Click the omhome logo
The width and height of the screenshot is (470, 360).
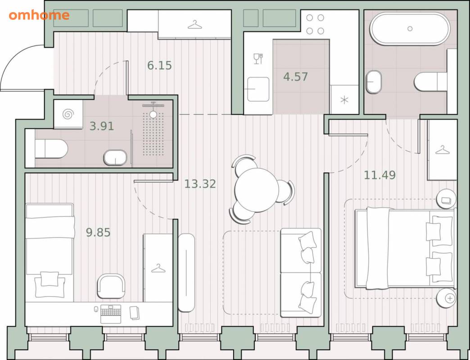[x=39, y=15]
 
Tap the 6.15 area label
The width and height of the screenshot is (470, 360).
[x=159, y=65]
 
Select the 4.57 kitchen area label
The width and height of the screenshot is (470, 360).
[x=295, y=76]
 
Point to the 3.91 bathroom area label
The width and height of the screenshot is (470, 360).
[x=102, y=126]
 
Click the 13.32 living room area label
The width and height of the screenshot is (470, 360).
[x=200, y=184]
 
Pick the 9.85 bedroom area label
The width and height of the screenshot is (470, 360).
[x=98, y=232]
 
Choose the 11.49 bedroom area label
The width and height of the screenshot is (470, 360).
[x=380, y=175]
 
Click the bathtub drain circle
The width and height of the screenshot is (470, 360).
[x=410, y=29]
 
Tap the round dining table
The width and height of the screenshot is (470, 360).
[x=257, y=190]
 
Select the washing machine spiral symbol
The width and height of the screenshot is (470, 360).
[x=68, y=114]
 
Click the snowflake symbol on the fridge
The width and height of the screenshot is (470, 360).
[x=344, y=100]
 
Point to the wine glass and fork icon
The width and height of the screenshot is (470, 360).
[x=258, y=58]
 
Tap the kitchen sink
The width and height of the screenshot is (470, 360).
[x=258, y=89]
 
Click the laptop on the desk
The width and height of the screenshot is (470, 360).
[x=111, y=314]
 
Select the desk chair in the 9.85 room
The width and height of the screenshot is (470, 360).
[x=111, y=286]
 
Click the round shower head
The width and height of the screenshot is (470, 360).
[x=153, y=114]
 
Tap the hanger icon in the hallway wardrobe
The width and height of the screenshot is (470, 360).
[x=195, y=25]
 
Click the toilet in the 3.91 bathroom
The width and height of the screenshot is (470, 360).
[x=51, y=148]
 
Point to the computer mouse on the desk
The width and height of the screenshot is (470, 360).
[x=96, y=309]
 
